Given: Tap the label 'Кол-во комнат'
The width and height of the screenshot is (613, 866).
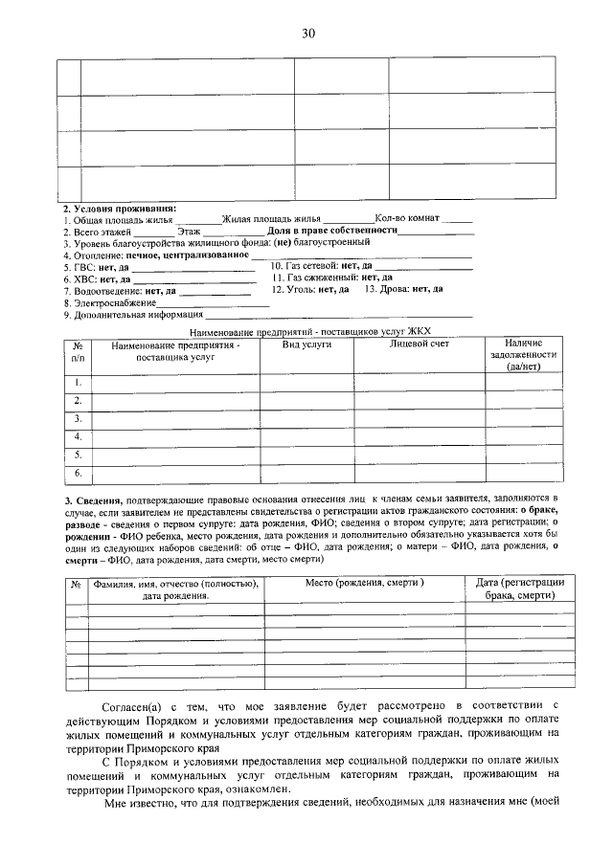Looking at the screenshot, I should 407,219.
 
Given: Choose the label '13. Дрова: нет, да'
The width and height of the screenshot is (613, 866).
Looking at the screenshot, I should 403,289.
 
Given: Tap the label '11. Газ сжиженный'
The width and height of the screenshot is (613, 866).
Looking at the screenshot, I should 311,278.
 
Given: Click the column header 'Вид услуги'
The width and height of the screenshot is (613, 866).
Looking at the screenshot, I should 306,344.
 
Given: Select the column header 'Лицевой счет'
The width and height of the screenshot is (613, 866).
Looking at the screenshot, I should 419,344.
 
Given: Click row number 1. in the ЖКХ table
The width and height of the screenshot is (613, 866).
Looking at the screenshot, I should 78,383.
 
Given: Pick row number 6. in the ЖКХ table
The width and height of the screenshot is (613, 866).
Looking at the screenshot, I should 78,473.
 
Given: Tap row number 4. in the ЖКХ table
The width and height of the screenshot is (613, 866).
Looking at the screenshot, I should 78,436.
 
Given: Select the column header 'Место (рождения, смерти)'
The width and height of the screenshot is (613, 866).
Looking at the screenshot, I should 365,583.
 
